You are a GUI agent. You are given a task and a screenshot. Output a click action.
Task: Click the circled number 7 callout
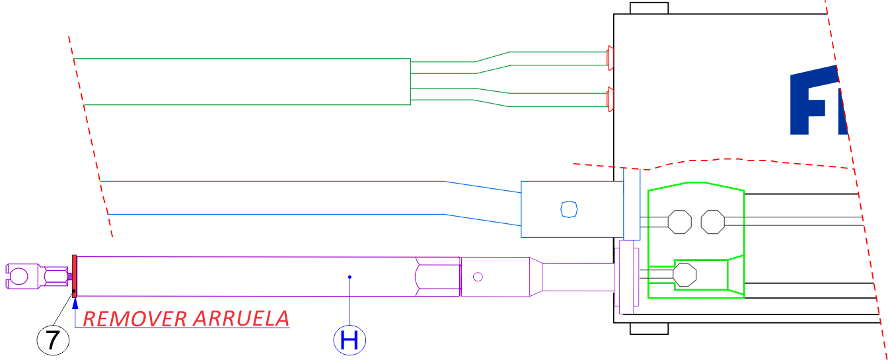tap(53, 340)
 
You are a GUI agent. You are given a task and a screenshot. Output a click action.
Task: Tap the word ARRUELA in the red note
tap(241, 318)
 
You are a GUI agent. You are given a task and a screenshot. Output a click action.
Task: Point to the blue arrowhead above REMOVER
tap(75, 303)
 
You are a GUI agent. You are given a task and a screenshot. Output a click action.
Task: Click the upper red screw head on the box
tap(610, 58)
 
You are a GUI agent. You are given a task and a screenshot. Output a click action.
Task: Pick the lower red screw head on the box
tap(610, 99)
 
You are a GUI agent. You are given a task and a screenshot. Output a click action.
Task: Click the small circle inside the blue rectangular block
tap(568, 209)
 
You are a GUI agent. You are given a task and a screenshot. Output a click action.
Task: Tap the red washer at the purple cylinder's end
tap(75, 275)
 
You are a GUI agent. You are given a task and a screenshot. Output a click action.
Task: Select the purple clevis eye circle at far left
tap(20, 275)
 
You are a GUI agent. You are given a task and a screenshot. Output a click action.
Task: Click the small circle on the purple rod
tap(478, 276)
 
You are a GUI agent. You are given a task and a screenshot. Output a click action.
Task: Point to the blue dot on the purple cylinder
tap(350, 277)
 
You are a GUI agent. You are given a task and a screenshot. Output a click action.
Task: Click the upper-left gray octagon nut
tap(679, 221)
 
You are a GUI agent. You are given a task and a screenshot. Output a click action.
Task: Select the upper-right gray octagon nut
tap(712, 221)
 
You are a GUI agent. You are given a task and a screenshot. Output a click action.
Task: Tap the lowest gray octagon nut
tap(685, 274)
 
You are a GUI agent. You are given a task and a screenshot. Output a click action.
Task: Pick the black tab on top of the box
tap(649, 8)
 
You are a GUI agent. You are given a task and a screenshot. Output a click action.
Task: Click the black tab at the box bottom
tap(649, 328)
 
